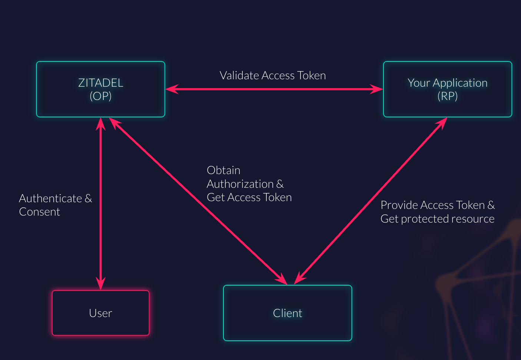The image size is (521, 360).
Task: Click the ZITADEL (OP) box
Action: point(100,89)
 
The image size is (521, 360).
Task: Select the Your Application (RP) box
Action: point(447,89)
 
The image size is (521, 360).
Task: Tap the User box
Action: point(100,313)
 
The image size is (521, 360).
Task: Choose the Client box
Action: point(288,313)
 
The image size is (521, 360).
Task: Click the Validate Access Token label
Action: point(273,76)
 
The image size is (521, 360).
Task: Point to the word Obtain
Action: point(223,170)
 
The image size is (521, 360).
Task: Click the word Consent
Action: point(40,212)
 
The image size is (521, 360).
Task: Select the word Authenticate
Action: point(50,199)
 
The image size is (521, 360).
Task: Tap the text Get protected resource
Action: point(437,219)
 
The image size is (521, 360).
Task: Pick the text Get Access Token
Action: point(249,197)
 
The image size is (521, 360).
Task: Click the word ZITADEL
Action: point(100,83)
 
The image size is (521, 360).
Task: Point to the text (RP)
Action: point(447,96)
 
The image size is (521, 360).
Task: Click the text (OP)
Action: point(100,96)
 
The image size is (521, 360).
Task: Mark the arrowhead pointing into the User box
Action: point(100,284)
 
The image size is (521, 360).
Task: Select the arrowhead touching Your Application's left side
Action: point(377,89)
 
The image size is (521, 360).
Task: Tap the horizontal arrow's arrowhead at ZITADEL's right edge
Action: point(172,89)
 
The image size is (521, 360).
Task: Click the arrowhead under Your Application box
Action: point(442,123)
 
